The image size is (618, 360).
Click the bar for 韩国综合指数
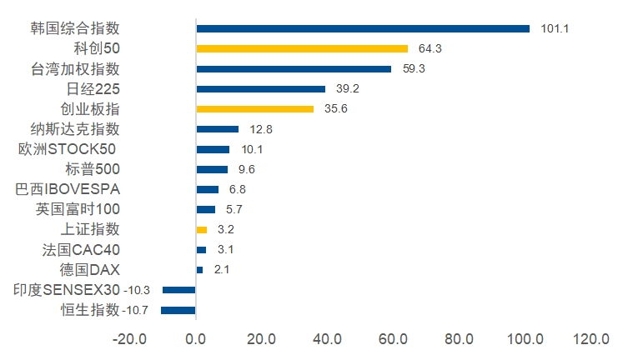pos(363,29)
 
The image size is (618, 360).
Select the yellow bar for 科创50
pos(302,49)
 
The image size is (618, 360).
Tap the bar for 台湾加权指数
pos(294,69)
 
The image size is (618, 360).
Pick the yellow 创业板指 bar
pos(255,109)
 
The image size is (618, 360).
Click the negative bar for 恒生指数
pos(178,310)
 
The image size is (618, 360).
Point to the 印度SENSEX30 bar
pos(179,290)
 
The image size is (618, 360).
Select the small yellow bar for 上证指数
pos(202,230)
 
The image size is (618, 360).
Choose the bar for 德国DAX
pos(200,270)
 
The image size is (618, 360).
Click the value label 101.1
pos(555,29)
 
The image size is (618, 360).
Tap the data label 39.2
pos(347,88)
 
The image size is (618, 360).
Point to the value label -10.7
pos(135,310)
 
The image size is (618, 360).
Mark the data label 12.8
pos(260,129)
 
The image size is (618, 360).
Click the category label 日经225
pos(93,89)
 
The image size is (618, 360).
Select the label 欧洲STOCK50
pos(67,149)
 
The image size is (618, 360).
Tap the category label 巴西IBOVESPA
pos(68,189)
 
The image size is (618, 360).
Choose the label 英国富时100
pos(78,209)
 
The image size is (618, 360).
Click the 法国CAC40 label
pos(81,250)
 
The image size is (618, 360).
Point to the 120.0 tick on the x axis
pos(590,339)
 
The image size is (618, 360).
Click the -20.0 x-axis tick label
pos(129,339)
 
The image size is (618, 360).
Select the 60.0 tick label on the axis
pos(393,339)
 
